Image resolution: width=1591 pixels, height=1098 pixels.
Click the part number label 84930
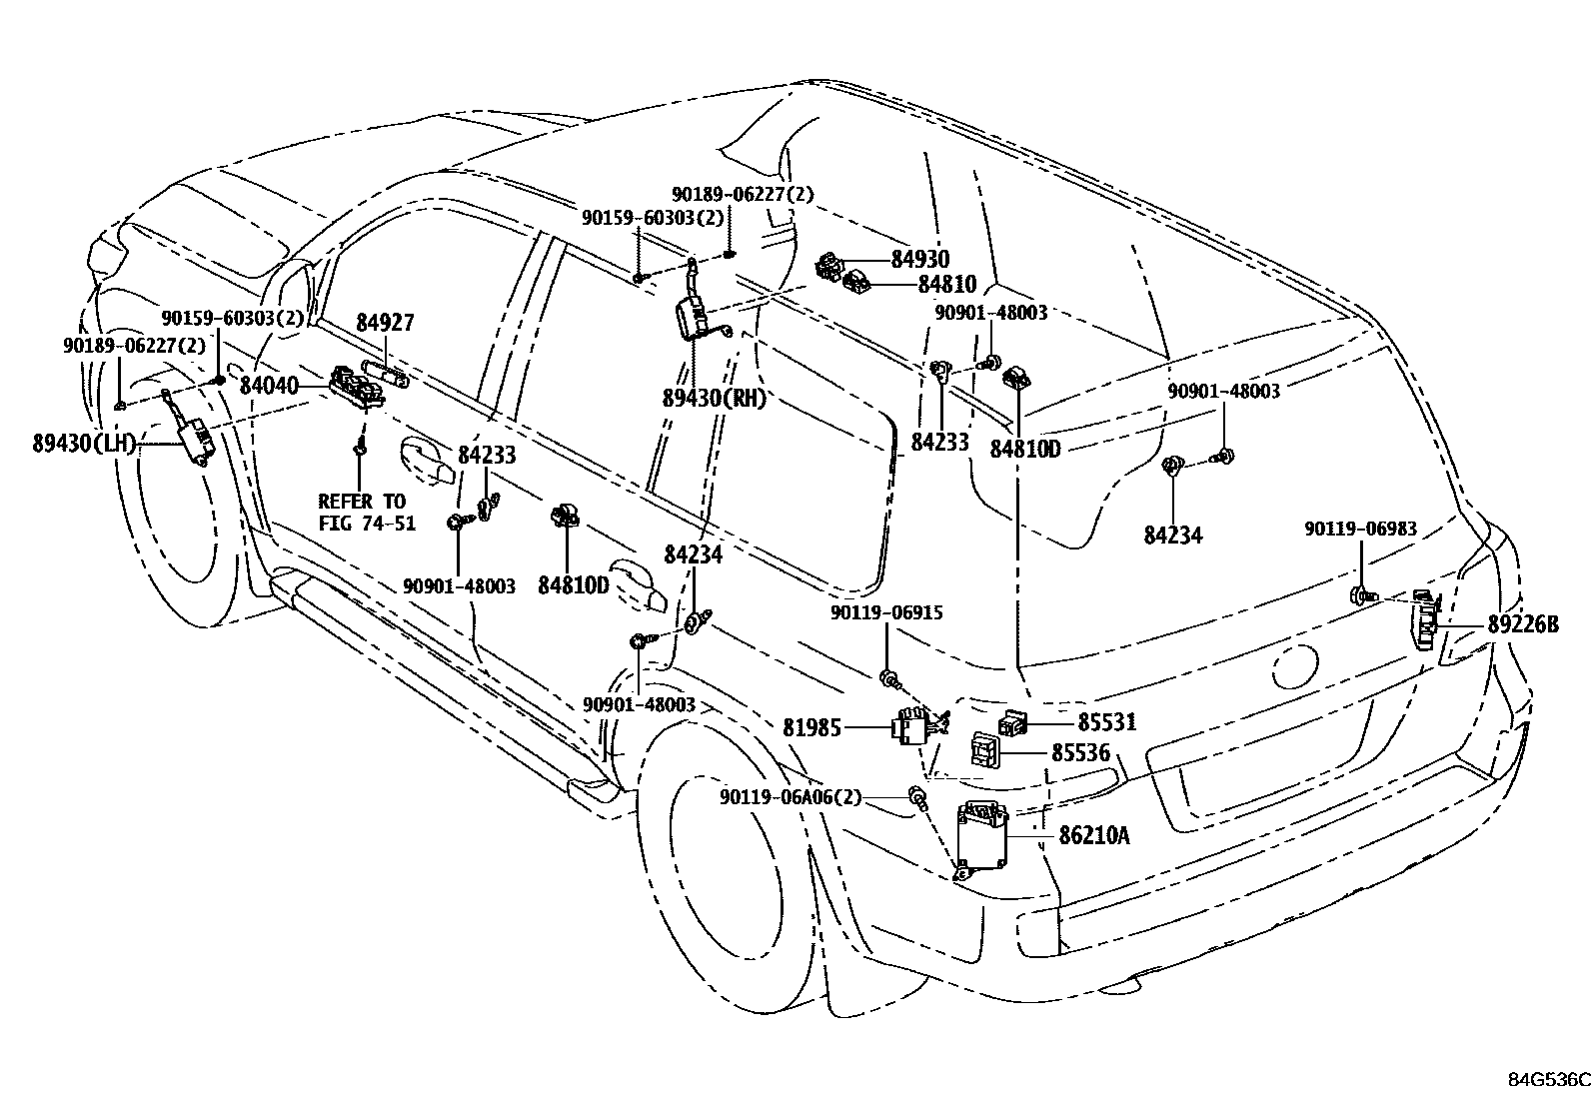point(919,259)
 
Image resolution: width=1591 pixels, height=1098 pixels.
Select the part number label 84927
point(385,323)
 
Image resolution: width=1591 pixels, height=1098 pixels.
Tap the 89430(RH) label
point(715,399)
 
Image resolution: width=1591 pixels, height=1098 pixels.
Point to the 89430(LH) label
point(84,444)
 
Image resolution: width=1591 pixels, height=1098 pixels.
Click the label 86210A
point(1093,835)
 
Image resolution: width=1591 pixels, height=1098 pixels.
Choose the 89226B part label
point(1523,623)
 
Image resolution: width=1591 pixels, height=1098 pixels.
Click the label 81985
point(811,727)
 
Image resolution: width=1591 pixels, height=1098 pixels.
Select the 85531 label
point(1107,721)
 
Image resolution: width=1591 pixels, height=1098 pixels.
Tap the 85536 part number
point(1080,752)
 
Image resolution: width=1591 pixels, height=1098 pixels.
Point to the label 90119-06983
point(1360,529)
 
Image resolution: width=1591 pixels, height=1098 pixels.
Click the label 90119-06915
point(887,612)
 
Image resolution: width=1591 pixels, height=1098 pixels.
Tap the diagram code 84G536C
point(1548,1080)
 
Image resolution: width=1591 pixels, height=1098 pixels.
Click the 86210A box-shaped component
point(980,842)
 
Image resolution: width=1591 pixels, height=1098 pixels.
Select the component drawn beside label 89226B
point(1425,619)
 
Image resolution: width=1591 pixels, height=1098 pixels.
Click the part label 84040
point(269,385)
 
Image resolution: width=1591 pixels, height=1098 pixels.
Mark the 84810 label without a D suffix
point(947,284)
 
